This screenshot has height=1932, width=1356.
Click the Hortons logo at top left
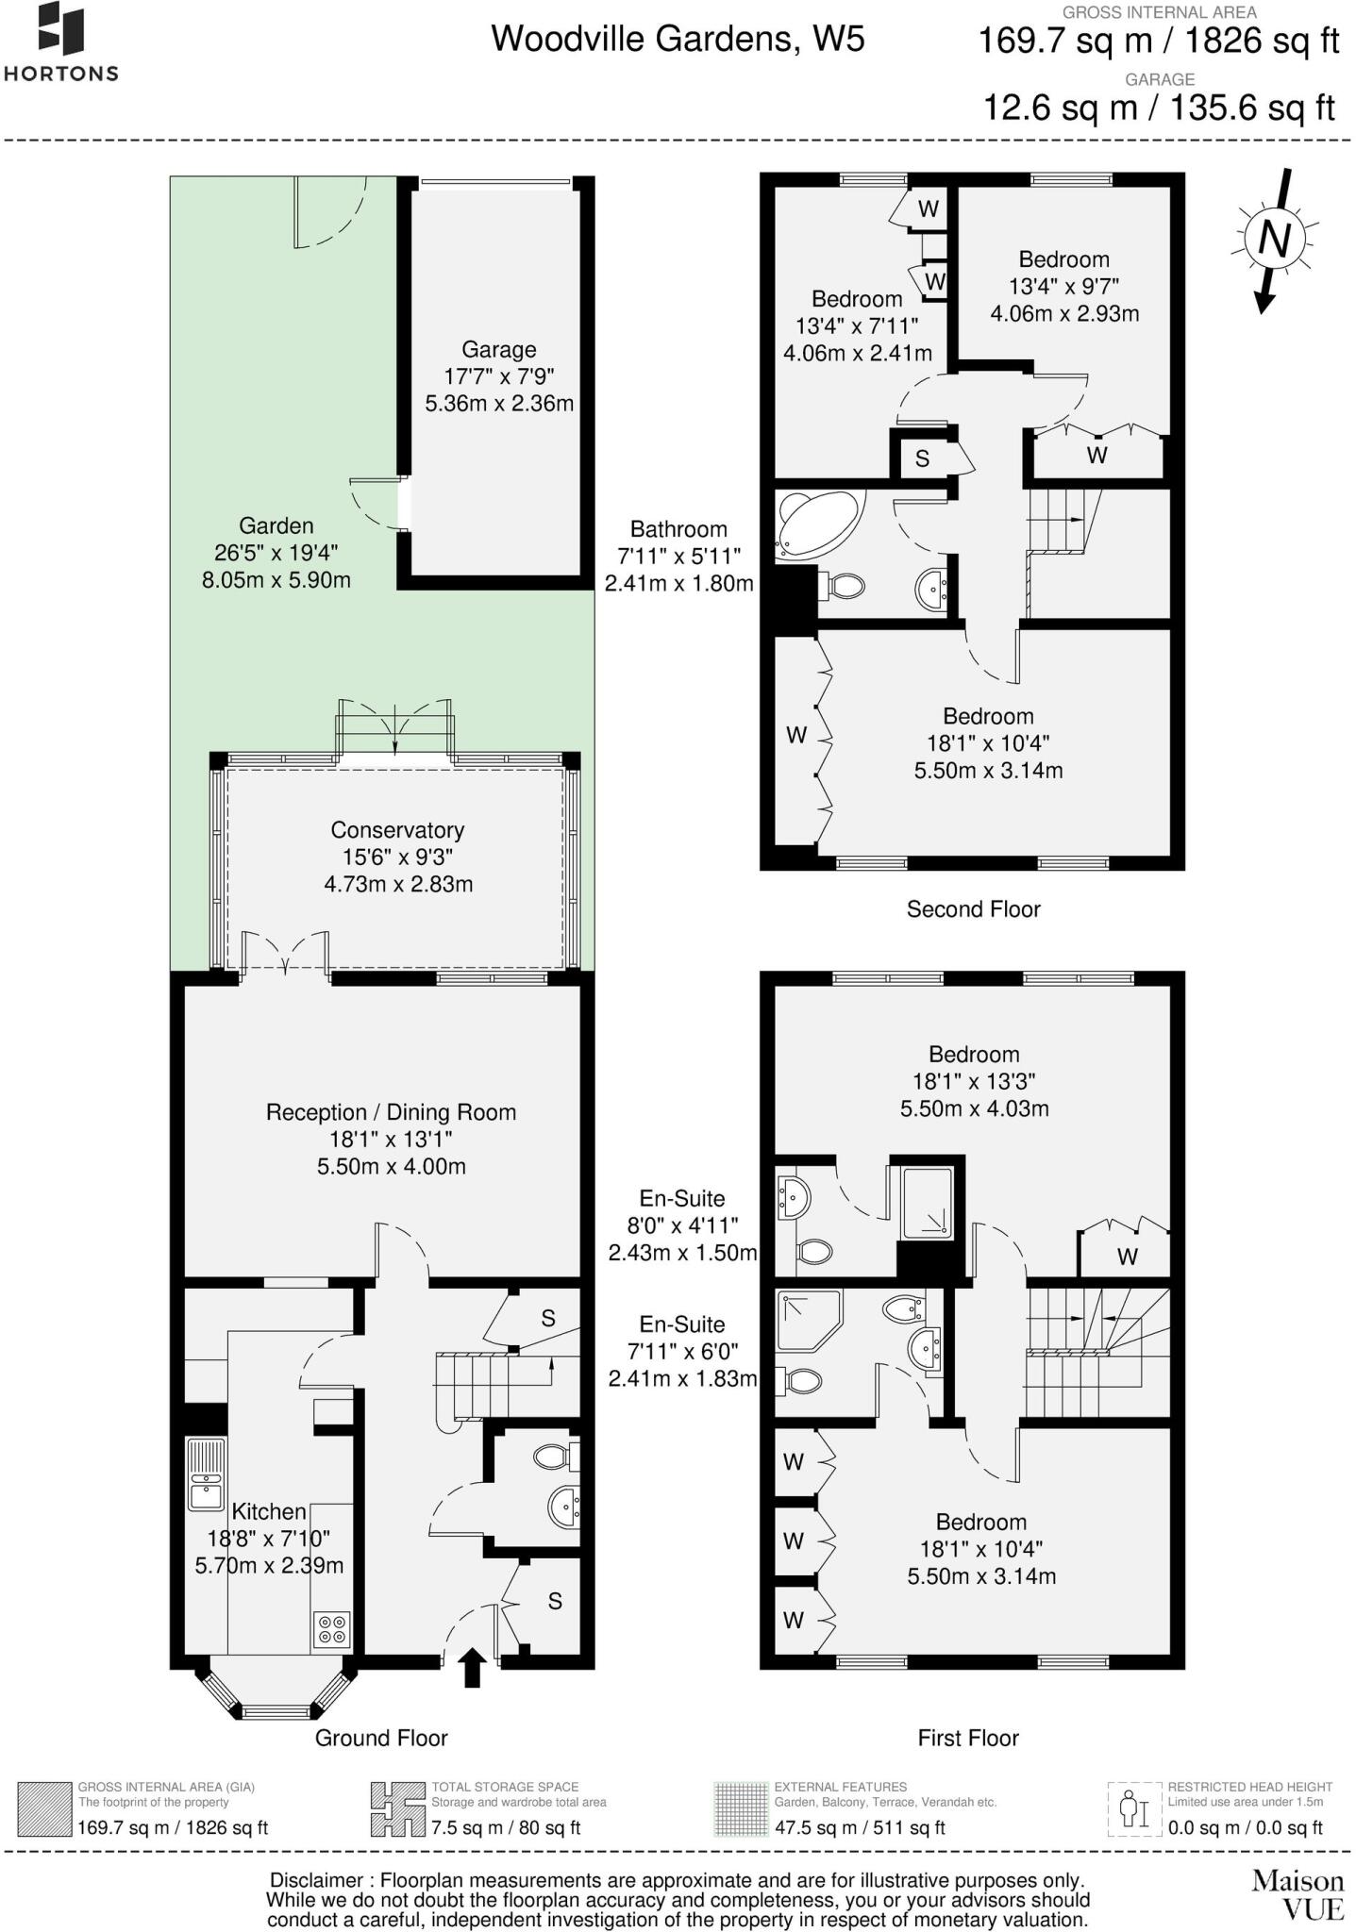tap(61, 42)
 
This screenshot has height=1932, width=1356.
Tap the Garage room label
tap(498, 376)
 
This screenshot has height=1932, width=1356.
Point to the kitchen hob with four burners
tap(331, 1628)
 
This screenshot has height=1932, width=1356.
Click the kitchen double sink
tap(205, 1474)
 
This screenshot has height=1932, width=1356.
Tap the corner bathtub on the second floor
tap(817, 524)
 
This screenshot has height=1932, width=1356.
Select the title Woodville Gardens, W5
tap(678, 39)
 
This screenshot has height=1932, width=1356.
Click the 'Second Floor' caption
tap(973, 909)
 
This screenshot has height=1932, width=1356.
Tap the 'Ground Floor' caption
tap(381, 1738)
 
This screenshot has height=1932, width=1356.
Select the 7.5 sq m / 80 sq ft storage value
tap(506, 1827)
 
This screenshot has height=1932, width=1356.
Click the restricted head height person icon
tap(1131, 1807)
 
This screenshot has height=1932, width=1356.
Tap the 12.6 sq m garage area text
tap(1159, 108)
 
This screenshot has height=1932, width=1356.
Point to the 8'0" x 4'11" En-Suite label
tap(681, 1225)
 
